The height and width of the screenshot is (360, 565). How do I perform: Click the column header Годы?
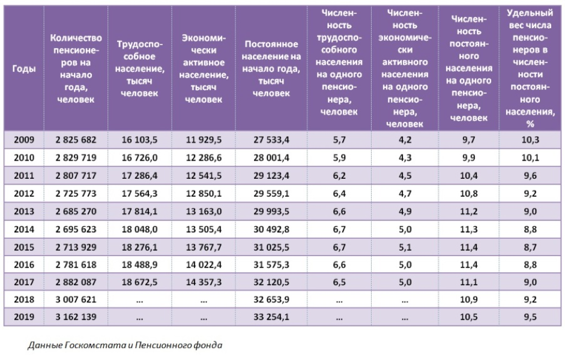coord(24,69)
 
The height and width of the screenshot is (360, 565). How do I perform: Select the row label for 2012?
coord(24,194)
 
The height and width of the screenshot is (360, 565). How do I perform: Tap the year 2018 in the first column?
coord(24,299)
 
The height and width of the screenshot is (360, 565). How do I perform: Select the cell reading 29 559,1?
coord(272,194)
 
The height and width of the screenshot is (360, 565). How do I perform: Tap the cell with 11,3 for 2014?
coord(468,229)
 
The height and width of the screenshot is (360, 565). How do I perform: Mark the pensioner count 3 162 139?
coord(76,317)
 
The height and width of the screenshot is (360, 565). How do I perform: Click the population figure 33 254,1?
coord(272,317)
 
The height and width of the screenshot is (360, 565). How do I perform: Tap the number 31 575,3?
coord(272,264)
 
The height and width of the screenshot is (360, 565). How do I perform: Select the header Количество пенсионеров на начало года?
coord(76,69)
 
